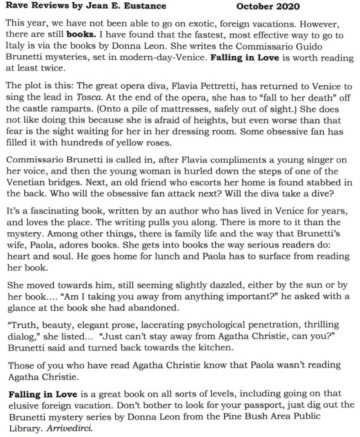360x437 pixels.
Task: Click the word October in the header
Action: point(252,6)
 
